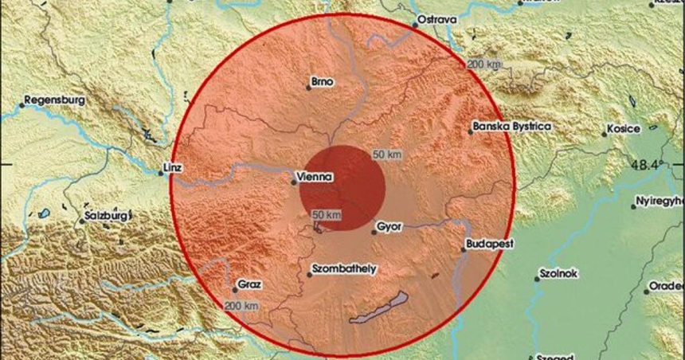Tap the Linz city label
(171, 168)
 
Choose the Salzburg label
(106, 215)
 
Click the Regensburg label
(54, 101)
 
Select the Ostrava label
(439, 18)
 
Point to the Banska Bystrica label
(512, 126)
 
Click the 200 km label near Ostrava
(483, 64)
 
